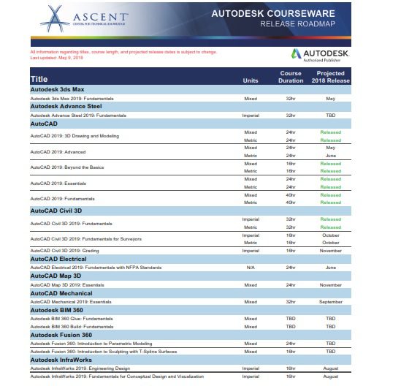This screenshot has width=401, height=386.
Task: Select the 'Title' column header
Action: [39, 79]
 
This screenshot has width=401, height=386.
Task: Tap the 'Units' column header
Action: [251, 80]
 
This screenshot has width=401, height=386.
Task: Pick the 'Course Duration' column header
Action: [291, 77]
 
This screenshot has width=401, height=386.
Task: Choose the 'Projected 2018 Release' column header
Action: [330, 77]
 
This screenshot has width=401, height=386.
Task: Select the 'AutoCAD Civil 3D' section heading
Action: [56, 211]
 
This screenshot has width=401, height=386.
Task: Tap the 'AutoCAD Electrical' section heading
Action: [58, 259]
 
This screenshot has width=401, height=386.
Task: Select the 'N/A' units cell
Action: [251, 268]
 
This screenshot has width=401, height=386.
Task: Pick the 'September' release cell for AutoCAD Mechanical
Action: [330, 301]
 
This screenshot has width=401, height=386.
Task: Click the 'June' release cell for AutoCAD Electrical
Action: [330, 268]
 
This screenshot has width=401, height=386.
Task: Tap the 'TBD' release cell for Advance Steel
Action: [330, 115]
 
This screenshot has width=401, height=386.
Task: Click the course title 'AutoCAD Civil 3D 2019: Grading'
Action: [64, 251]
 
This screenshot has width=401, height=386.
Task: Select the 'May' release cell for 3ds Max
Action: [330, 97]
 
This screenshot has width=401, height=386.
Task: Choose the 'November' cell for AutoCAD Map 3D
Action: [330, 284]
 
